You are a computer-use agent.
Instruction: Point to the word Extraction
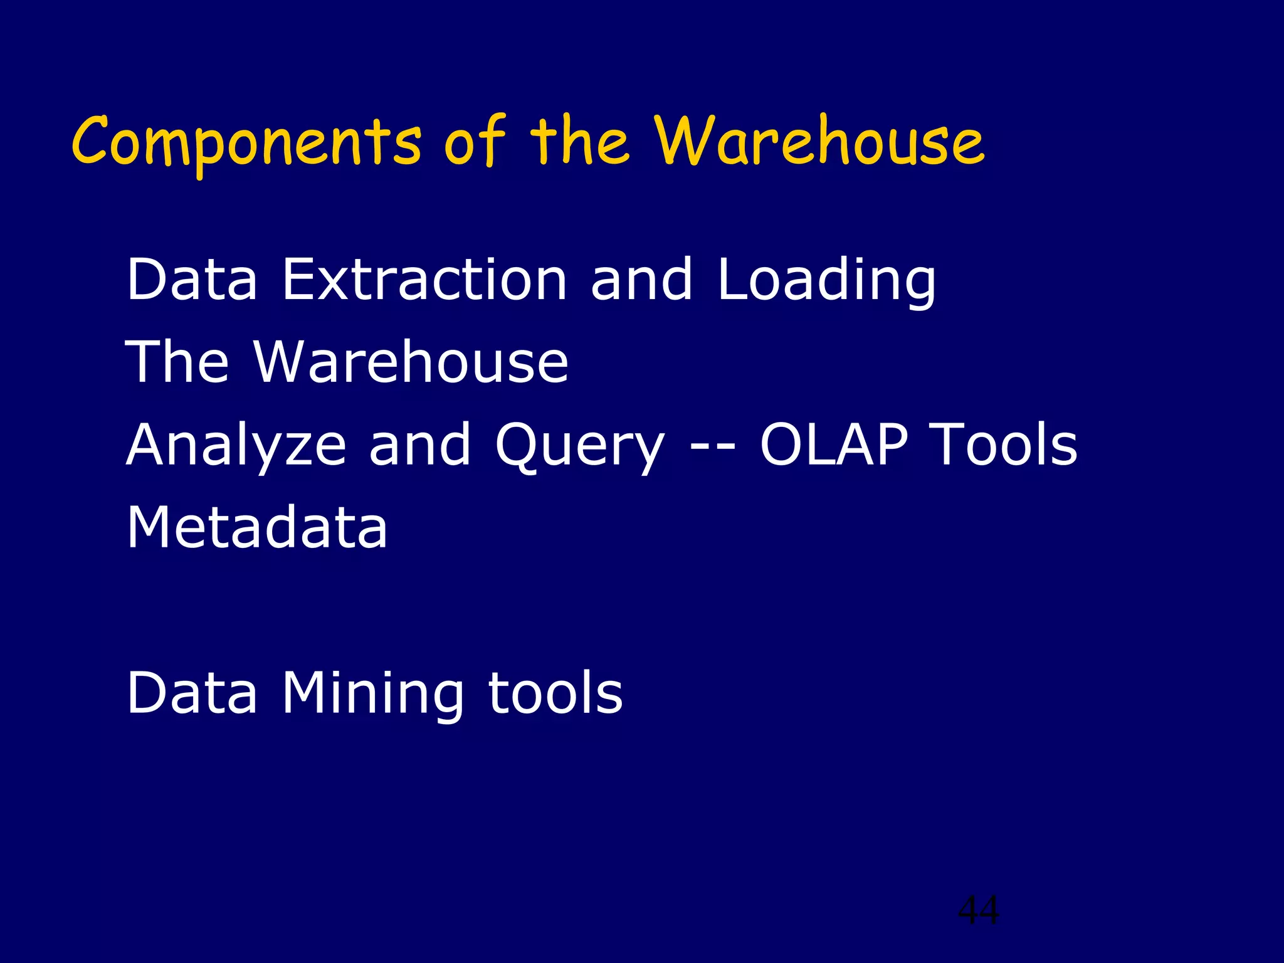click(x=424, y=280)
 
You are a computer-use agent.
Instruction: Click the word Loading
click(x=826, y=280)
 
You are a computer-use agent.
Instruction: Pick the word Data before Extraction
click(x=192, y=280)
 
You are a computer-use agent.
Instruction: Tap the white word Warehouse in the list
click(x=411, y=362)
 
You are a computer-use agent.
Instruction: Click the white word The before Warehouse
click(x=177, y=362)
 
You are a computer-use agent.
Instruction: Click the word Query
click(x=579, y=445)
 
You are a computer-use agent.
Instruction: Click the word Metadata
click(x=257, y=527)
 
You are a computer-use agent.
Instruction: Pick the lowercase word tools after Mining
click(x=555, y=693)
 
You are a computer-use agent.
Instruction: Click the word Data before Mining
click(x=192, y=693)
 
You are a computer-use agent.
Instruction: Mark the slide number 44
click(x=978, y=910)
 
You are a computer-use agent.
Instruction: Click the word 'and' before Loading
click(x=641, y=280)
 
